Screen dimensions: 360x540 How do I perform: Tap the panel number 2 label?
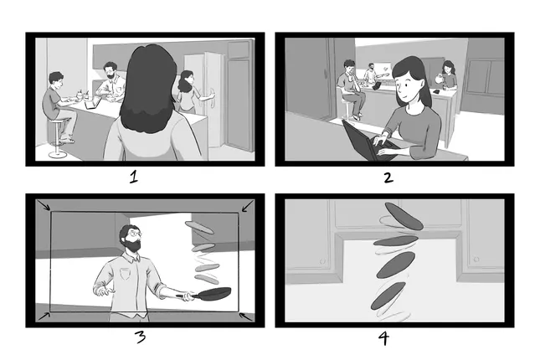[387, 177]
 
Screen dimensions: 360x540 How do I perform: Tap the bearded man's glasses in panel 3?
[133, 235]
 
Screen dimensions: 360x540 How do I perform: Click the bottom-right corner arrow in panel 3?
[244, 316]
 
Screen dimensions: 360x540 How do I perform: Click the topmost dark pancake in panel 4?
[404, 216]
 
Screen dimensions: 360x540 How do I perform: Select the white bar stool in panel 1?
[57, 138]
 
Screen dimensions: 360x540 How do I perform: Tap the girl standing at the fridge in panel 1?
[187, 92]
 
